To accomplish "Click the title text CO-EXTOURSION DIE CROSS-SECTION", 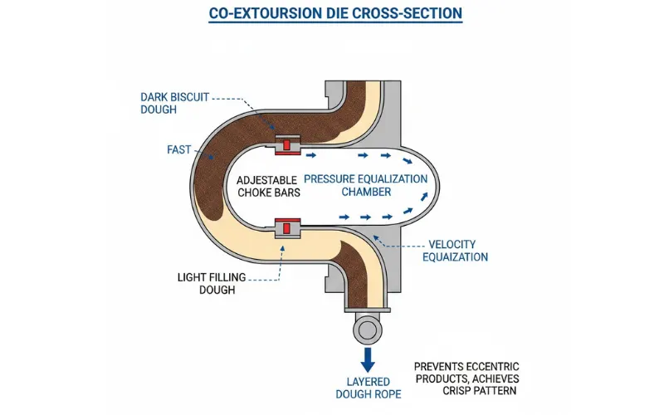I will pos(332,14).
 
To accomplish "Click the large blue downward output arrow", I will pos(366,359).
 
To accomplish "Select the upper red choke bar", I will pos(286,146).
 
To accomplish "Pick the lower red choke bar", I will pos(286,227).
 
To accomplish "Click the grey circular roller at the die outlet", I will pos(365,329).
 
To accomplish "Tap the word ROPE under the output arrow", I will pos(387,393).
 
